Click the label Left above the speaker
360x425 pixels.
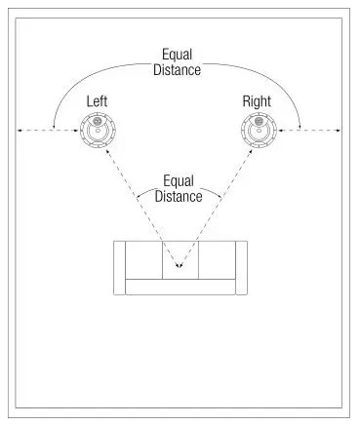pyautogui.click(x=98, y=100)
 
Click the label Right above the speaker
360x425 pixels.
pyautogui.click(x=259, y=100)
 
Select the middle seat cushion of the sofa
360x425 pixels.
pyautogui.click(x=179, y=258)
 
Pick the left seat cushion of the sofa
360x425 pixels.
pyautogui.click(x=142, y=258)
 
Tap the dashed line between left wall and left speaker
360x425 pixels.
pyautogui.click(x=49, y=129)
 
